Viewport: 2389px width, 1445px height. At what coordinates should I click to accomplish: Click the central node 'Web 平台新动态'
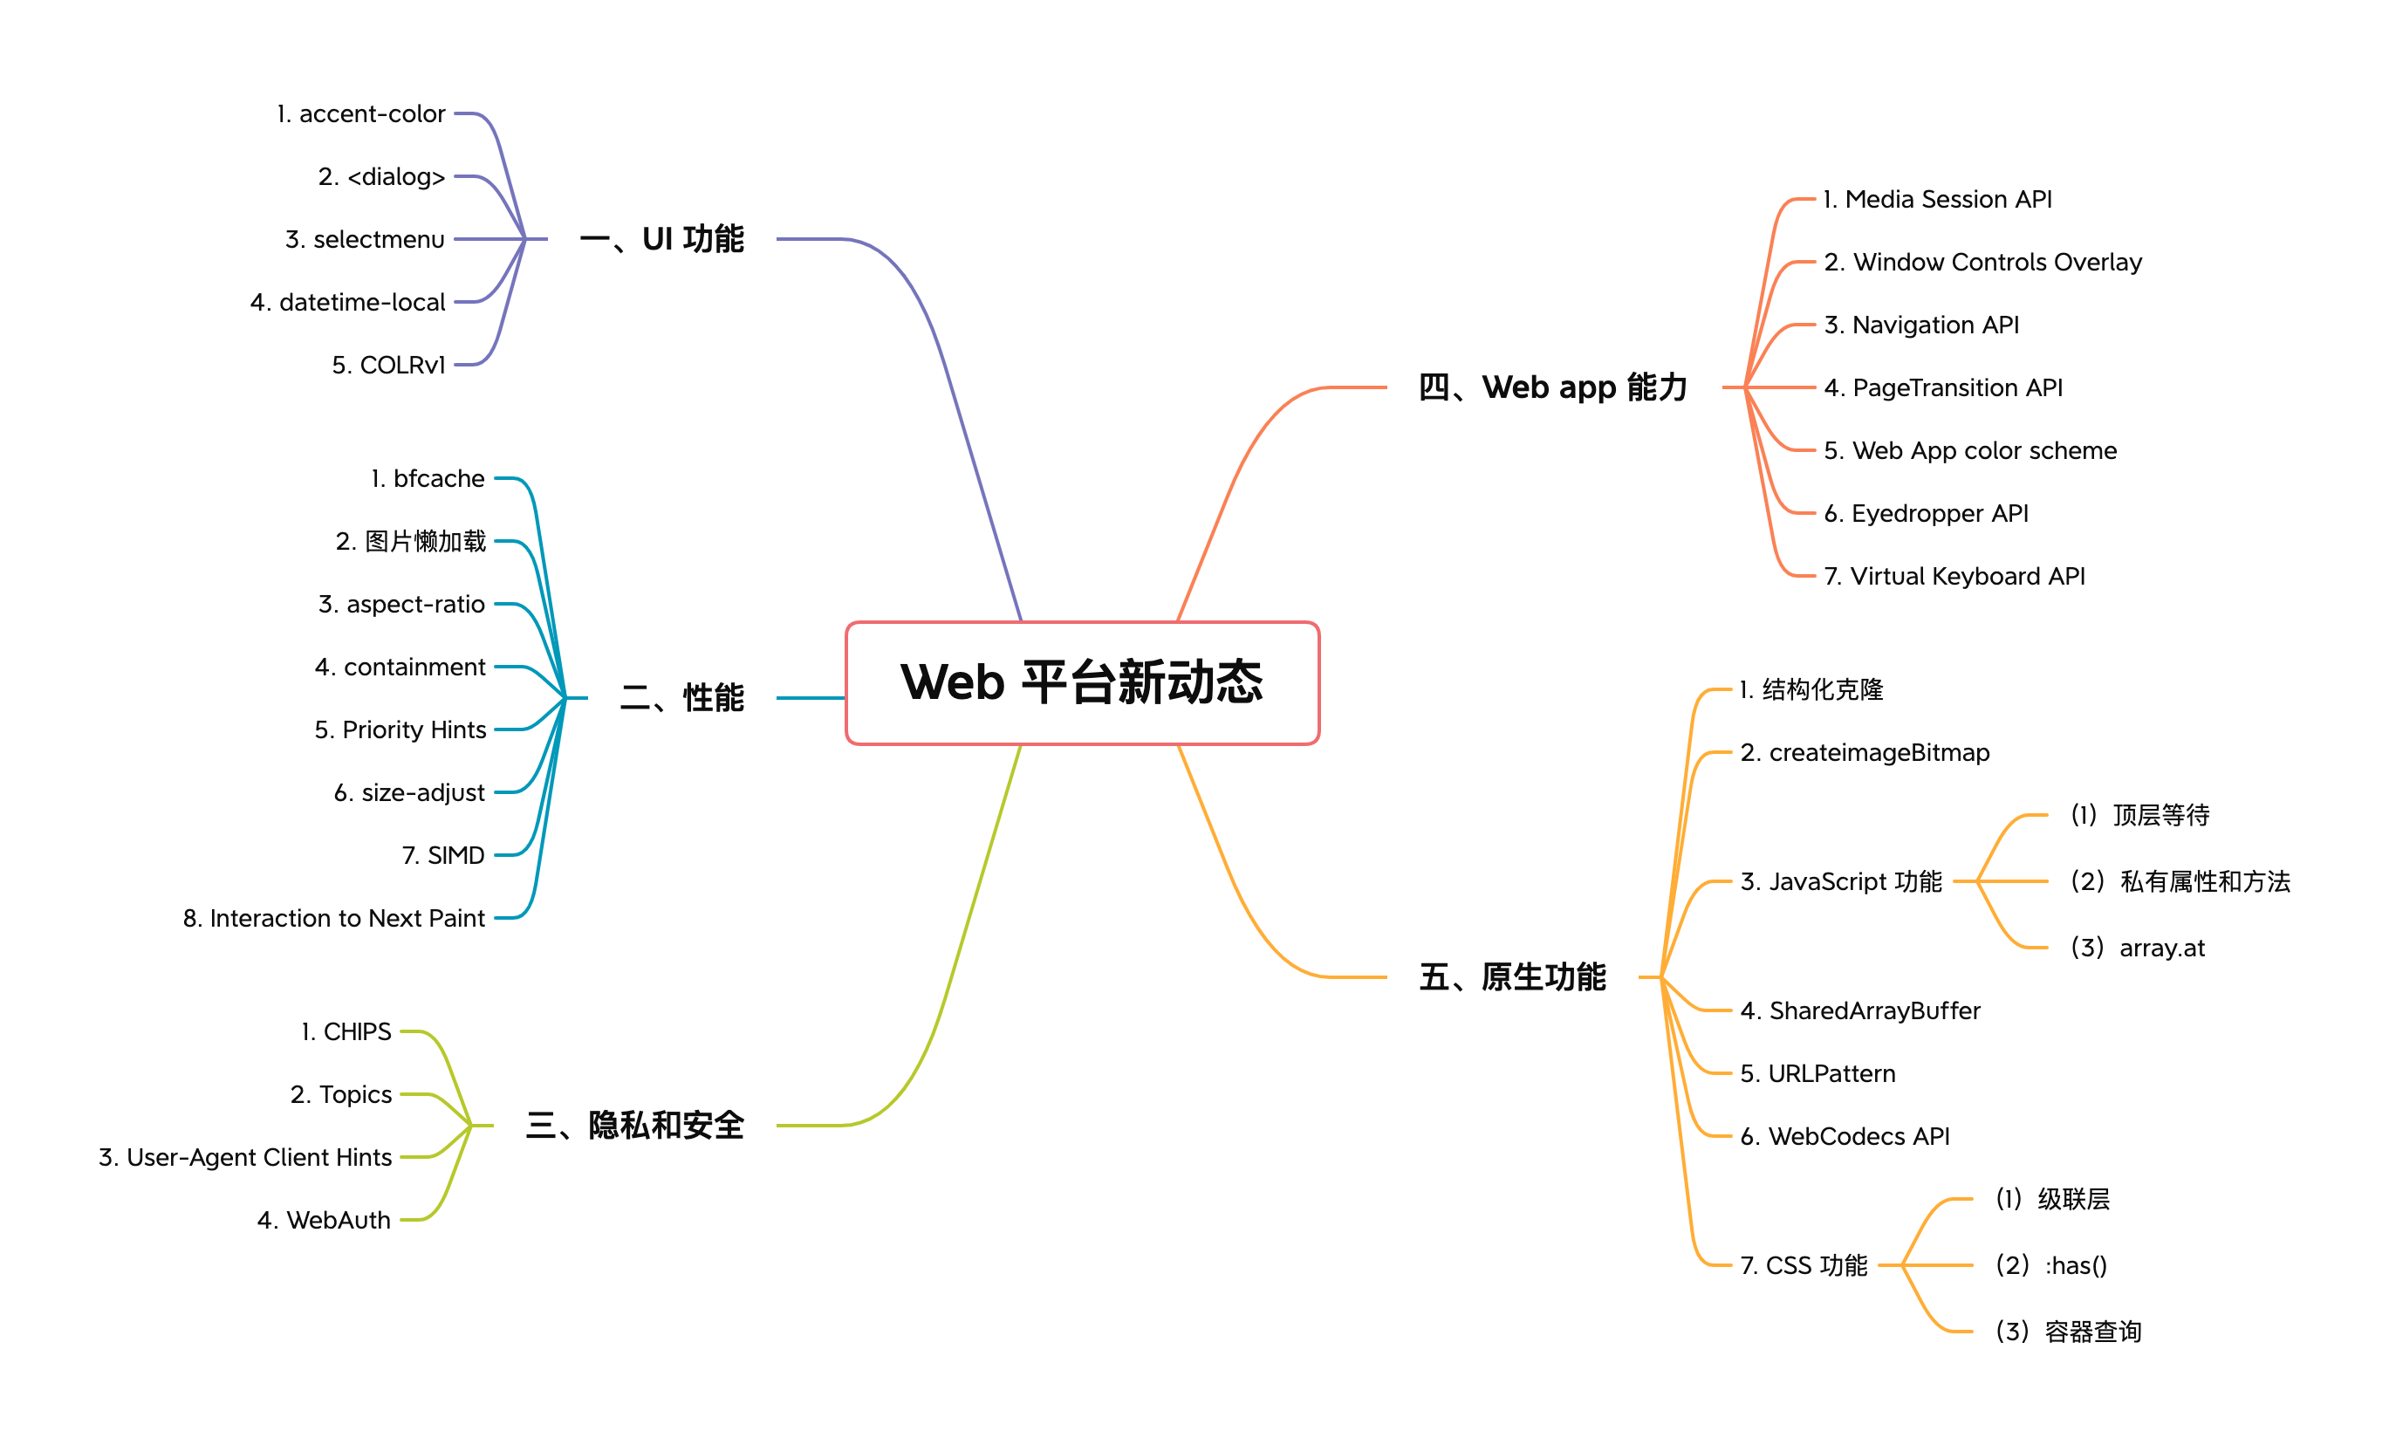tap(1082, 682)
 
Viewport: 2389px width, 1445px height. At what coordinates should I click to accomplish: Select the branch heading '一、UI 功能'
tap(661, 238)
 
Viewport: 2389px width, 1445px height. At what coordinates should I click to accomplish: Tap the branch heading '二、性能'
tap(681, 697)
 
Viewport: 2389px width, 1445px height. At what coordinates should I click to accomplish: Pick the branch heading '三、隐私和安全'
tap(634, 1125)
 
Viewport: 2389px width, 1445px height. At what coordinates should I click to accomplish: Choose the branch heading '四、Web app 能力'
tap(1552, 387)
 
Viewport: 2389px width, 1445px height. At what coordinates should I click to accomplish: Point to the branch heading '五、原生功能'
tap(1511, 976)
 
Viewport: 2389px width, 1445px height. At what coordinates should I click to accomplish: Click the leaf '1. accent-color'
tap(360, 113)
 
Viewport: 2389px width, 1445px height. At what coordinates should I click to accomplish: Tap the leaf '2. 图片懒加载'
tap(410, 541)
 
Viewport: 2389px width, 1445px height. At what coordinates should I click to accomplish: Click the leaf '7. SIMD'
tap(443, 855)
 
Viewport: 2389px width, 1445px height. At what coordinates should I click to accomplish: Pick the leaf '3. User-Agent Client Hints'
tap(245, 1157)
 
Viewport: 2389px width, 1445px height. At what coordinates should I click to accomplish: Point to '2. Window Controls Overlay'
tap(1982, 262)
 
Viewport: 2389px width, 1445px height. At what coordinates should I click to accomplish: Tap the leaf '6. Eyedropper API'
tap(1926, 513)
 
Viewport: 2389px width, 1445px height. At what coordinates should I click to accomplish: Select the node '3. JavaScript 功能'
tap(1841, 881)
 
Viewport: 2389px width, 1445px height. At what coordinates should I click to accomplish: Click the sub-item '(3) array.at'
tap(2137, 948)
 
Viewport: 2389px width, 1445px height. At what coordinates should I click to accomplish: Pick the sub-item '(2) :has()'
tap(2050, 1265)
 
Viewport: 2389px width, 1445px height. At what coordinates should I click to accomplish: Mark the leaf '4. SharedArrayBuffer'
tap(1859, 1010)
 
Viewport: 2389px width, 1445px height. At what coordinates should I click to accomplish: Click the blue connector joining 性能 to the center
tap(811, 697)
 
